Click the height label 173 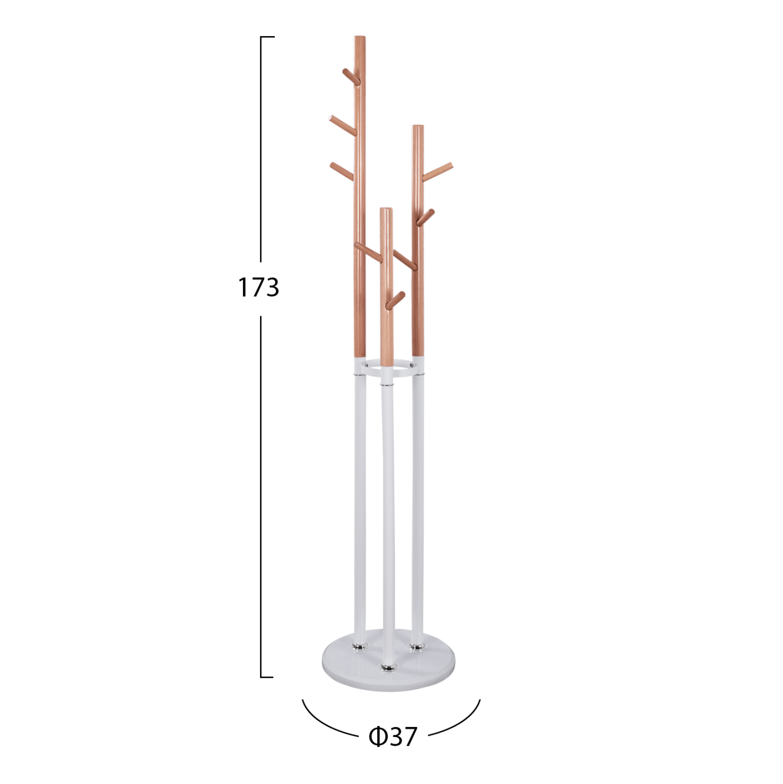[259, 287]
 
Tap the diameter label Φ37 [393, 736]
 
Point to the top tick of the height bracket [267, 37]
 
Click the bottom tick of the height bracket [267, 677]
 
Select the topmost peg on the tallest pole [350, 77]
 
